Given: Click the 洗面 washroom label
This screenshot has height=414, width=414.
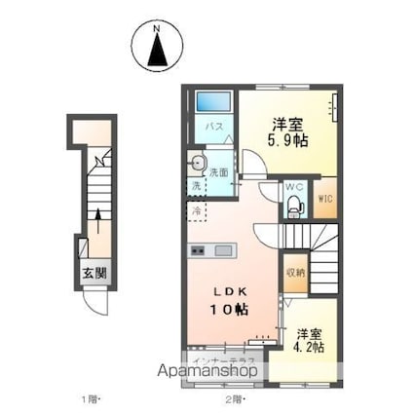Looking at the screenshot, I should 218,172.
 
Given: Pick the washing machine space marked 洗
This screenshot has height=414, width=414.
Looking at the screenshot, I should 195,185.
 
